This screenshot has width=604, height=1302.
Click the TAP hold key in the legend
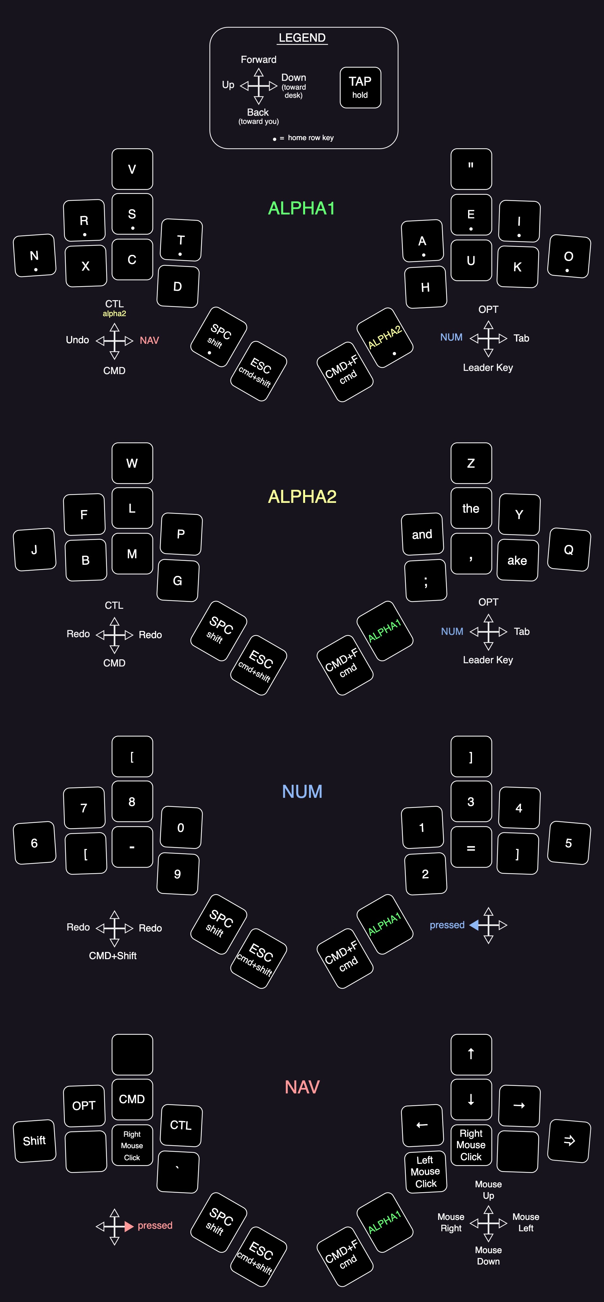[x=360, y=87]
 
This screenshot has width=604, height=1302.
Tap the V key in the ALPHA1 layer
[x=132, y=169]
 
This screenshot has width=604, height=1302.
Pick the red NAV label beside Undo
[x=149, y=340]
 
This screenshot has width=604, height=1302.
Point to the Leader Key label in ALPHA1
[x=488, y=367]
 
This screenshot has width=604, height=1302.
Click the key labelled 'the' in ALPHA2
[x=471, y=508]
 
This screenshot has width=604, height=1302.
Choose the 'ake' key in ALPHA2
[x=517, y=560]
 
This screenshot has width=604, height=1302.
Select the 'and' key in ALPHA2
[x=422, y=534]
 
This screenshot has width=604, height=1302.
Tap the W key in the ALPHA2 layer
[x=132, y=463]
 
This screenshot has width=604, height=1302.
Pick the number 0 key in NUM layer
[x=181, y=827]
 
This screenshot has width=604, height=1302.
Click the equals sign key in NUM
[x=471, y=848]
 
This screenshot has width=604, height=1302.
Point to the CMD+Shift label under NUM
[x=113, y=955]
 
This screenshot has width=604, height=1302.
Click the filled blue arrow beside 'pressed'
[x=474, y=925]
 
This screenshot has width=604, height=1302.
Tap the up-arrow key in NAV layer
[x=471, y=1054]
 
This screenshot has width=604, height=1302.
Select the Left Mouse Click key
[x=426, y=1172]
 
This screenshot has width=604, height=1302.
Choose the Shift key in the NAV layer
[x=34, y=1141]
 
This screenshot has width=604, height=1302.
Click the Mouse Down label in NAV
[x=488, y=1255]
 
